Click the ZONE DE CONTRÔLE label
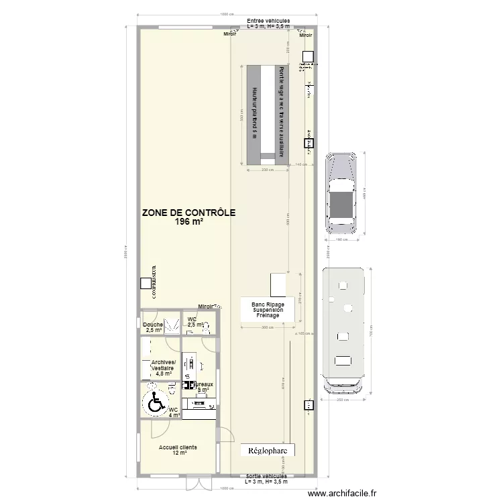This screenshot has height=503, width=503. pos(188,213)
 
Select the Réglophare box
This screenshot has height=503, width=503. pos(268,451)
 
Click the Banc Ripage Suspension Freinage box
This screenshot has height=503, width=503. pos(268,310)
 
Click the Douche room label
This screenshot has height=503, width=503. pos(154,327)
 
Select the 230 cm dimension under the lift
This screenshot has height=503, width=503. pos(268,170)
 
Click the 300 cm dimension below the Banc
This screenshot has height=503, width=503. pos(268,328)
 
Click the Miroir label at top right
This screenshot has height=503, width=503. pos(305,34)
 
